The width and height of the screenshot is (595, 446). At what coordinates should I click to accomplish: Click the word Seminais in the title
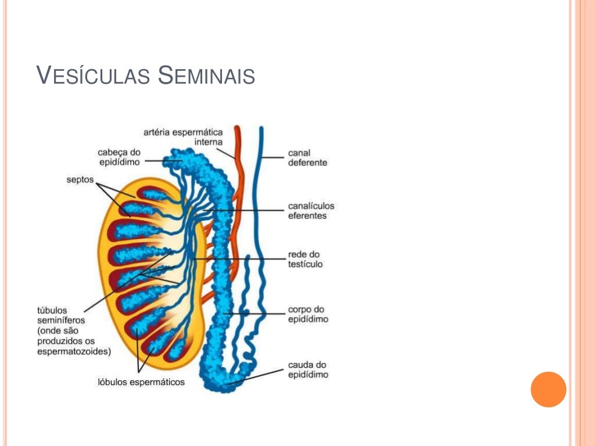pos(206,76)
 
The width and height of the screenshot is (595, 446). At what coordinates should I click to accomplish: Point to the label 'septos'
pos(80,180)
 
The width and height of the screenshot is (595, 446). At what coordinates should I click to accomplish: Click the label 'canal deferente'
pos(307,158)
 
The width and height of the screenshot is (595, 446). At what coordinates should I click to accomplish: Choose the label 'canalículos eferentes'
pos(311,211)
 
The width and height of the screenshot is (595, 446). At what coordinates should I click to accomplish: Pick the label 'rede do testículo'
pos(305,259)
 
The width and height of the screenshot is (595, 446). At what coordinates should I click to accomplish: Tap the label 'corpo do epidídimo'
pos(308,314)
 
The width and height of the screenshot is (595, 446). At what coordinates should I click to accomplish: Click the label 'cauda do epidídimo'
pos(308,370)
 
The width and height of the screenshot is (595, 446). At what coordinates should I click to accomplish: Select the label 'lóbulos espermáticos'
pos(141,382)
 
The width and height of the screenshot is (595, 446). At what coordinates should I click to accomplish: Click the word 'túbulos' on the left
pos(52,310)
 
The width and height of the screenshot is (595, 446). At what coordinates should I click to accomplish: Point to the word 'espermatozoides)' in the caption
pos(74,351)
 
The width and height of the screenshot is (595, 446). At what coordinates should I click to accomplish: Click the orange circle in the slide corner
pos(548,389)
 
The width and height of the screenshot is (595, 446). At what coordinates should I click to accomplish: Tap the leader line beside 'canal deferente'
pos(273,157)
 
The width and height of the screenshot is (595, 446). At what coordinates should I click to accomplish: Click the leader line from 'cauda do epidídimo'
pos(261,375)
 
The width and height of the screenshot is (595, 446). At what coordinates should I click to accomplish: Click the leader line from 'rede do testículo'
pos(244,258)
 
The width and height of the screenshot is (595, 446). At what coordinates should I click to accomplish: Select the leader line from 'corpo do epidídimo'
pos(256,314)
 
